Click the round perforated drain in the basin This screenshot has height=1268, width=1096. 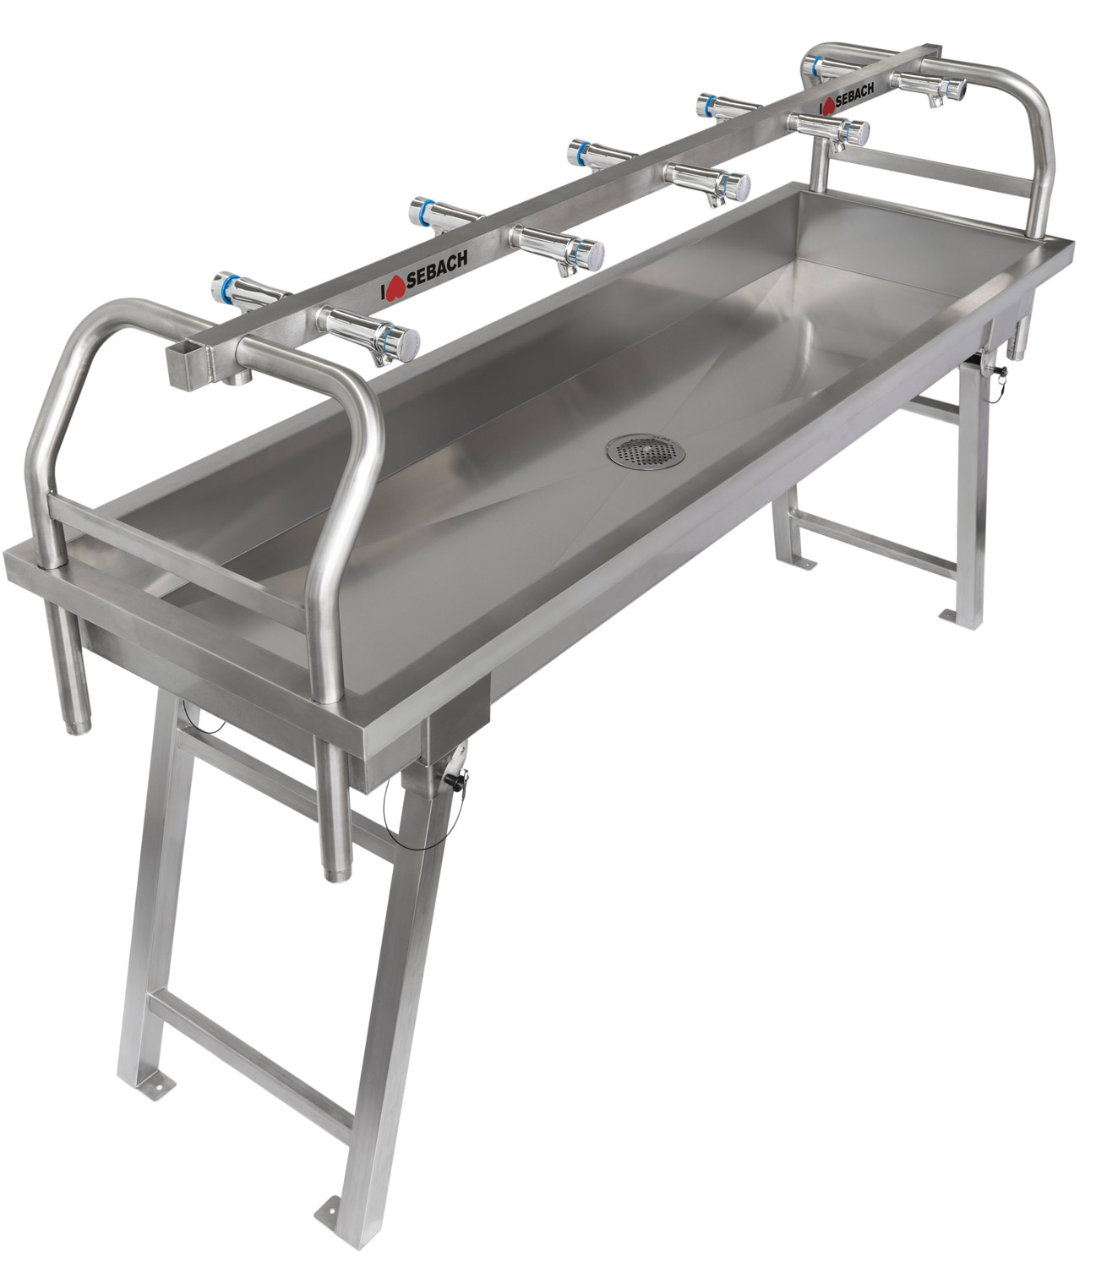click(x=646, y=451)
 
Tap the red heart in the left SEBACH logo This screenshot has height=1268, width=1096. click(x=395, y=287)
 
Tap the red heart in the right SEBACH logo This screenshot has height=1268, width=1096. click(x=829, y=106)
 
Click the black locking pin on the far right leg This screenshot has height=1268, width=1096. click(x=999, y=372)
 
